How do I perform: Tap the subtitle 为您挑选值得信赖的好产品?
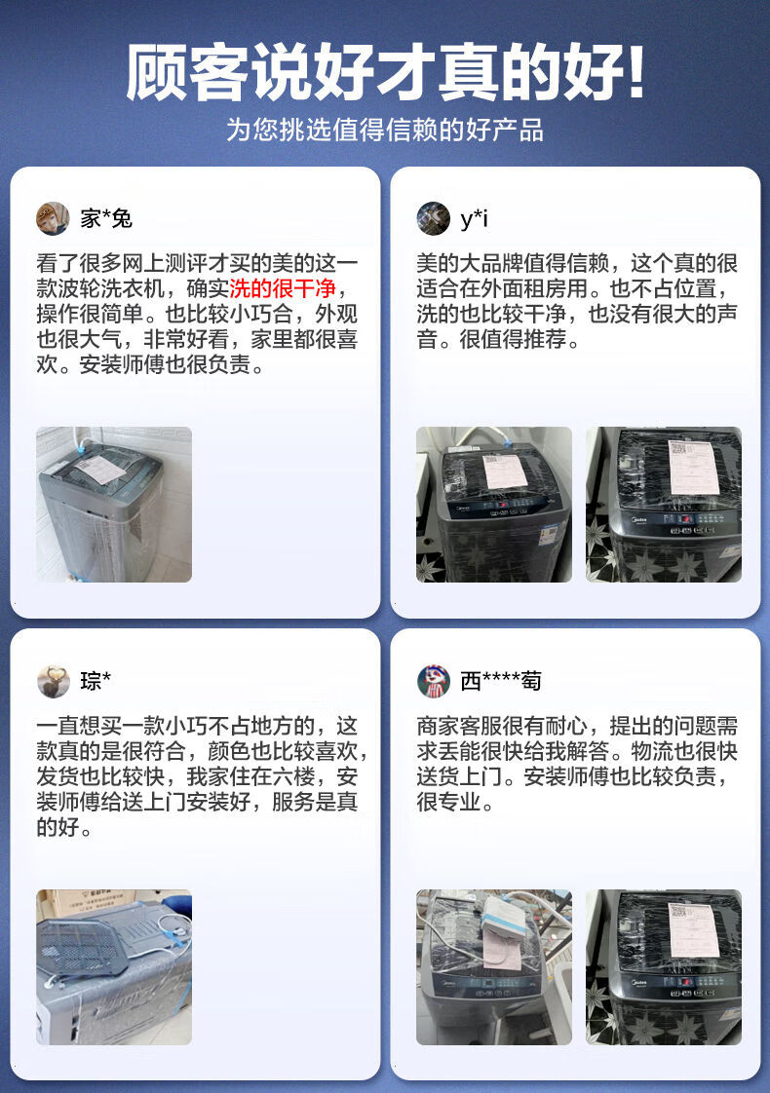(385, 131)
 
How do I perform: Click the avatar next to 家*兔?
(53, 218)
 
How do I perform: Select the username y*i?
(474, 219)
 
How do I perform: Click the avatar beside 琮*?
(53, 681)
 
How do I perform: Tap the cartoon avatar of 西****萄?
(433, 681)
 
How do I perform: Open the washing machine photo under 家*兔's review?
(114, 505)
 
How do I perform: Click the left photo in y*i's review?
(494, 505)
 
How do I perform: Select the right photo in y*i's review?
(664, 505)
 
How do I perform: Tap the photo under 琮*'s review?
(114, 967)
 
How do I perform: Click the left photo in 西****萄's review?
(494, 967)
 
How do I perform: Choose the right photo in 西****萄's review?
(664, 967)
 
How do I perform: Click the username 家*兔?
(106, 219)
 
